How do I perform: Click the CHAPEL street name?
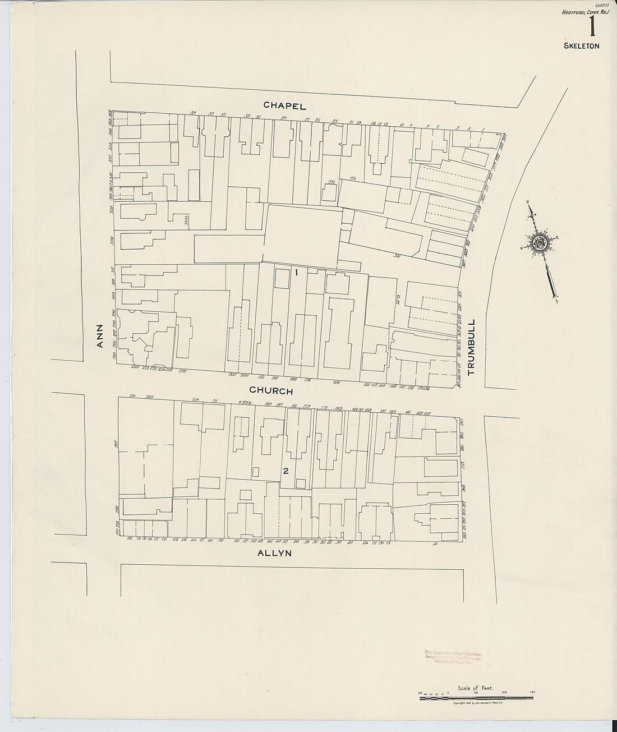[x=286, y=105]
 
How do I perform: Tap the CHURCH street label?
[x=271, y=390]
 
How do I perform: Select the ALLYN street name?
[x=275, y=553]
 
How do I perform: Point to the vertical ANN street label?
[x=100, y=336]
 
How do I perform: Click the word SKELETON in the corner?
[x=582, y=46]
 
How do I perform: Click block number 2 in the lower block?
[x=286, y=471]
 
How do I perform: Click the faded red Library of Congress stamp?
[x=450, y=657]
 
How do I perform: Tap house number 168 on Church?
[x=337, y=383]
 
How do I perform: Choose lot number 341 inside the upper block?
[x=397, y=257]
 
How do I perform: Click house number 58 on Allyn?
[x=221, y=541]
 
